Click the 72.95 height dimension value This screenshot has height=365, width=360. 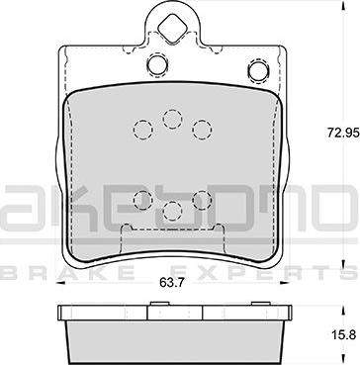[x=342, y=133]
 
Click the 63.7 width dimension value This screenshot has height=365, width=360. [x=171, y=282]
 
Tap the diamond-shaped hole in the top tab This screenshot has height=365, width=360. [x=171, y=29]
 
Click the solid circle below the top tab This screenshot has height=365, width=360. [x=157, y=64]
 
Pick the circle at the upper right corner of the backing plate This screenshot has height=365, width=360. [x=258, y=70]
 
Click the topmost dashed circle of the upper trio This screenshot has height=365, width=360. [x=172, y=119]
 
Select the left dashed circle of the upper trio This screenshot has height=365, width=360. [x=143, y=130]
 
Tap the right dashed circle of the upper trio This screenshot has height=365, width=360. [x=202, y=130]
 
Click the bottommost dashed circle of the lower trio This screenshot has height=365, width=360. [x=172, y=211]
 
